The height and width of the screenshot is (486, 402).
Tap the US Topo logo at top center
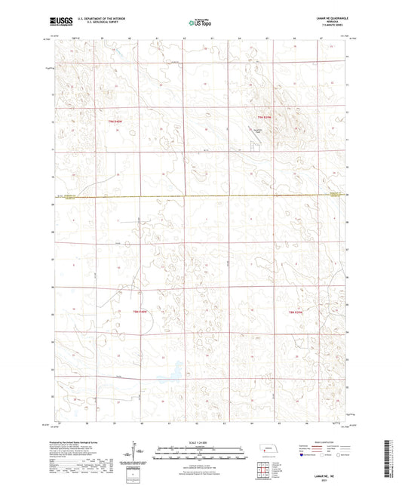pos(194,23)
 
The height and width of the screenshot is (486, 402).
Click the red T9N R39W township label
pos(262,117)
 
